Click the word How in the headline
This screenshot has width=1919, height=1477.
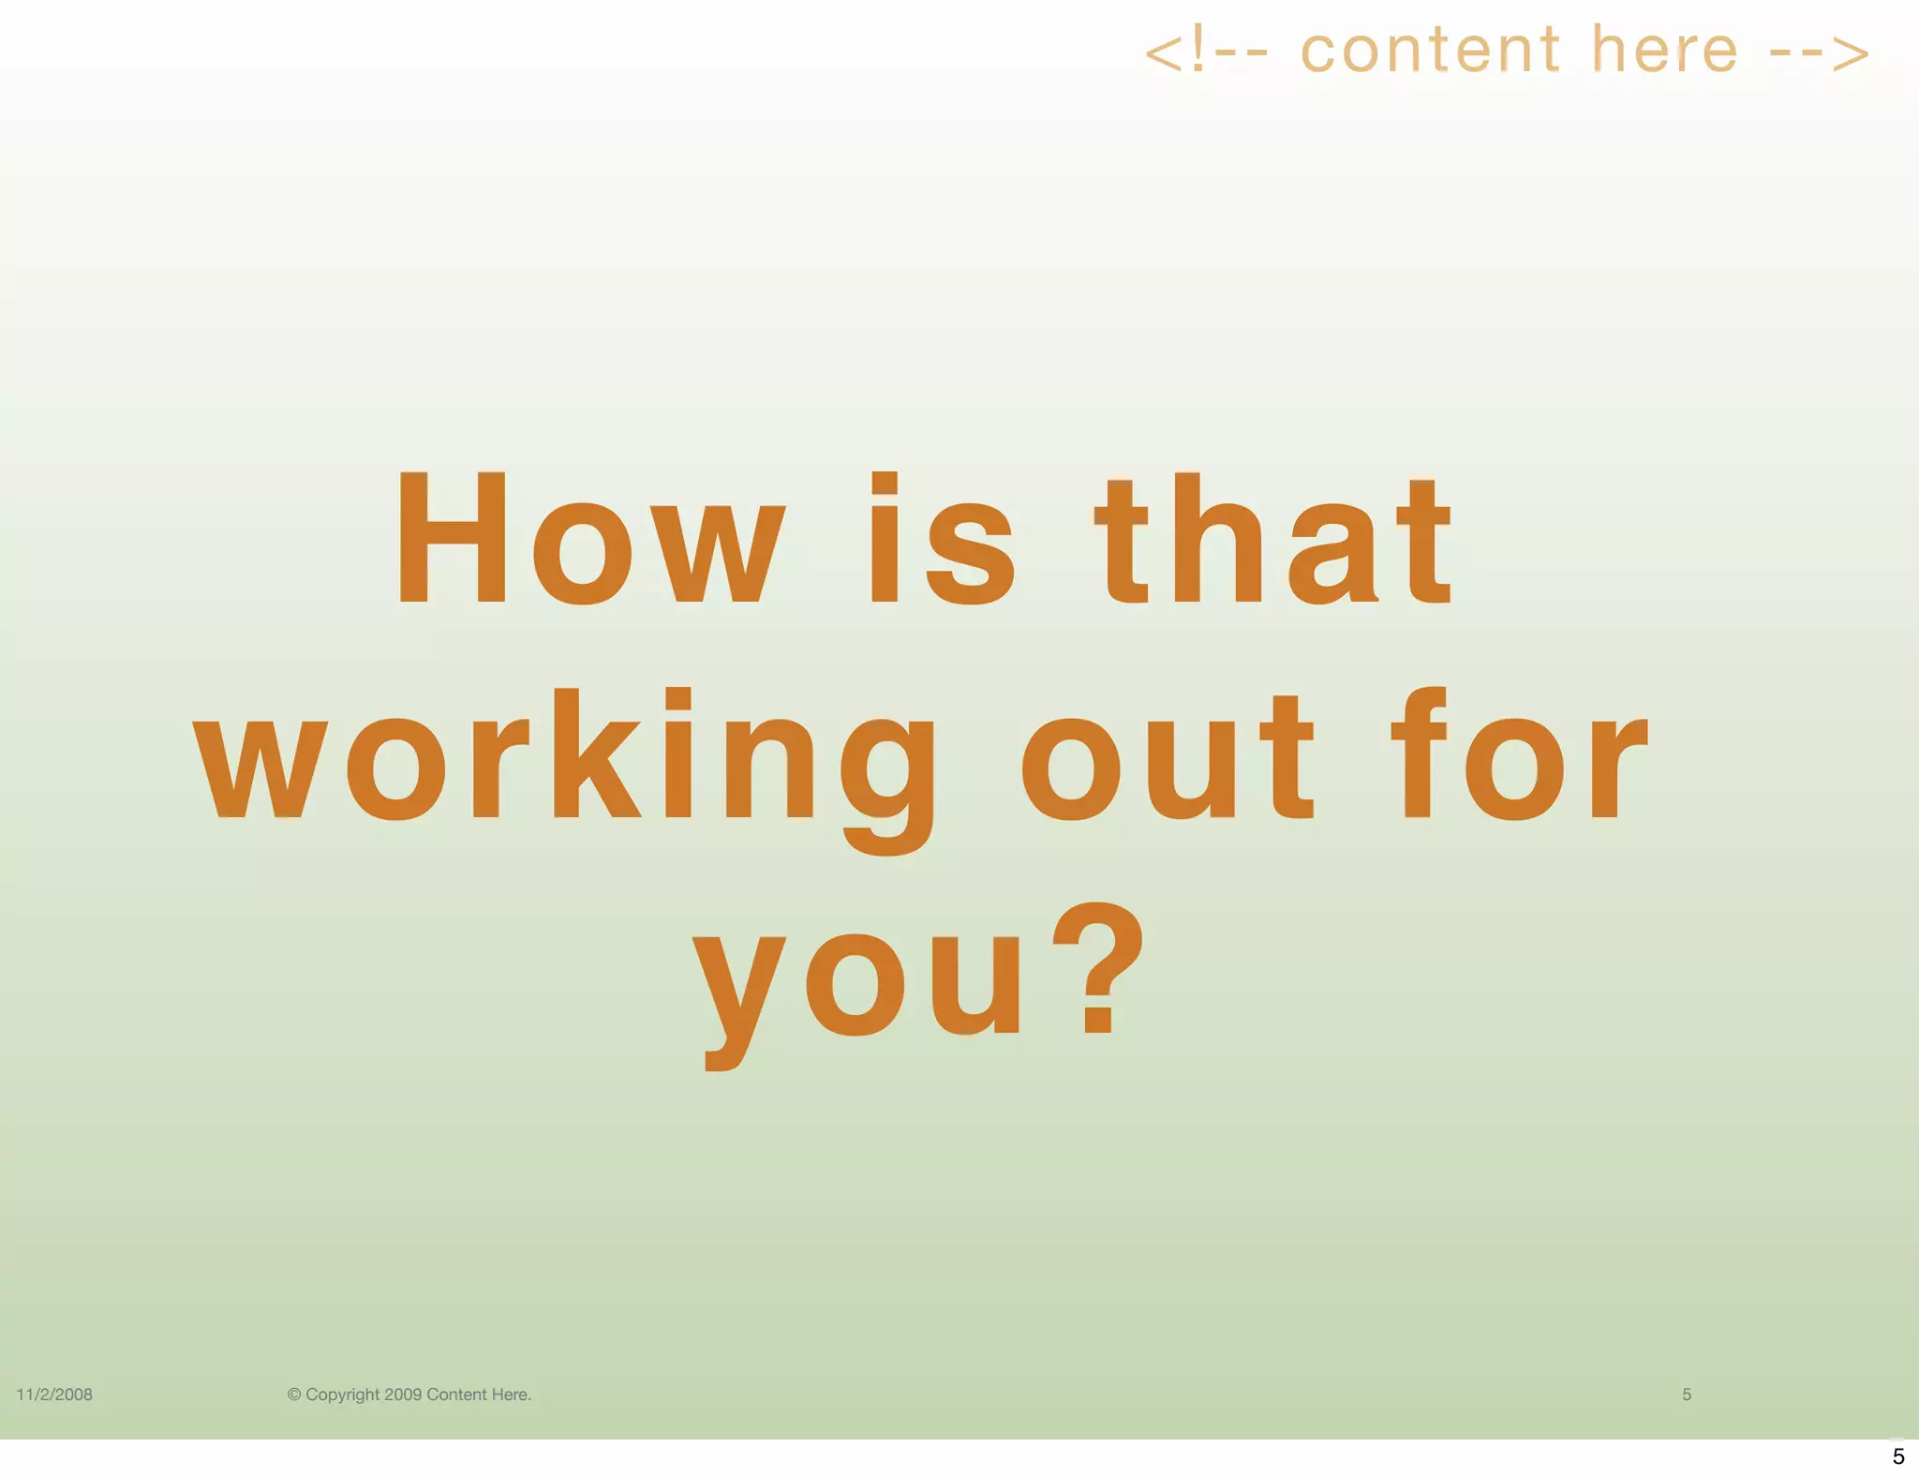point(590,538)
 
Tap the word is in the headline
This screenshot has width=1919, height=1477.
point(942,540)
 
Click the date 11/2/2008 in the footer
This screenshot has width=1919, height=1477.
point(54,1395)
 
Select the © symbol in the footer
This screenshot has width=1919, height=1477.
point(294,1395)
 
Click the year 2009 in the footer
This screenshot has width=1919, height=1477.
point(403,1395)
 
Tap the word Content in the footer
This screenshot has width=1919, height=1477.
point(456,1395)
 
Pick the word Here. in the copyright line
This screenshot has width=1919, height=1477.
point(511,1395)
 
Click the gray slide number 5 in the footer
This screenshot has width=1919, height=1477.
point(1687,1395)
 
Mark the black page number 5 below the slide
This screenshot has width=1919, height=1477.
point(1898,1456)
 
